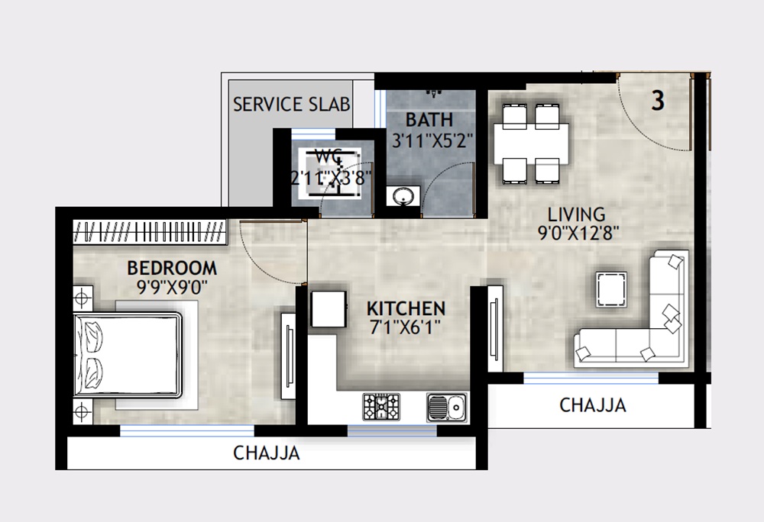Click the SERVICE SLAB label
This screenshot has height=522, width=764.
[292, 104]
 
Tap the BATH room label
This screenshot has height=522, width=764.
[429, 120]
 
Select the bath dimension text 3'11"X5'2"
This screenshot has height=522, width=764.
[433, 140]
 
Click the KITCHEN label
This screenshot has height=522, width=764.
[406, 309]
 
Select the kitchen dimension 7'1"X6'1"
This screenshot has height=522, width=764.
[406, 330]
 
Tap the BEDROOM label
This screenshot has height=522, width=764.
[172, 268]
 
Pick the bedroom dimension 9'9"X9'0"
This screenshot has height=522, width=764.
[172, 288]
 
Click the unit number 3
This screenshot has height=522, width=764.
[658, 101]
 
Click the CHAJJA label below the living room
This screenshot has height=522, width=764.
[593, 405]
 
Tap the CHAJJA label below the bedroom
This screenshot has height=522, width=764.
[267, 453]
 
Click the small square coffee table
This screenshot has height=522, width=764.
[613, 289]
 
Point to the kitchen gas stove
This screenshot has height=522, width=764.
[380, 406]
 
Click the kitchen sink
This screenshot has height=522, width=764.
[446, 406]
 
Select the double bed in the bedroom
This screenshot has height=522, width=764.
[128, 355]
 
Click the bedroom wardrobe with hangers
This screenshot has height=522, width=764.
[150, 231]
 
